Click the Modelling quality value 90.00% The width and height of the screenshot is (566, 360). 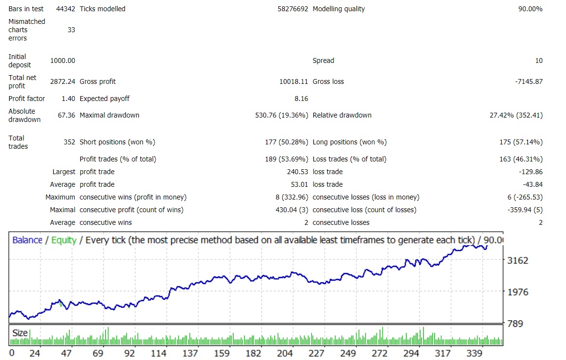530,9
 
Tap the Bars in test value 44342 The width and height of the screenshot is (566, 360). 65,9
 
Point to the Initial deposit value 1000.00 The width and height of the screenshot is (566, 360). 63,60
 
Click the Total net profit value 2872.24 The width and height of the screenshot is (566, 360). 63,81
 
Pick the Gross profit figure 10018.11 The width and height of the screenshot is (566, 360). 293,81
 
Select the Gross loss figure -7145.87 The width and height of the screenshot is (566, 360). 529,81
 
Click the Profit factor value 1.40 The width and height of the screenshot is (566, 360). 68,99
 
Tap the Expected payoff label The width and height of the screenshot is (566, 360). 104,99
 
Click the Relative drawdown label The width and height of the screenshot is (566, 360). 342,115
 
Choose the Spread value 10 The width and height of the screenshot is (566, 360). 539,60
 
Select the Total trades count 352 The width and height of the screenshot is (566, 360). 69,142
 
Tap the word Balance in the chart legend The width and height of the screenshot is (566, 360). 27,240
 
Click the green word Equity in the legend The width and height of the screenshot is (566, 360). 63,240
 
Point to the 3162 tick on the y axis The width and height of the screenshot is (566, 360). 518,260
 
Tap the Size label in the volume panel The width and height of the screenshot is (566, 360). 20,333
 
